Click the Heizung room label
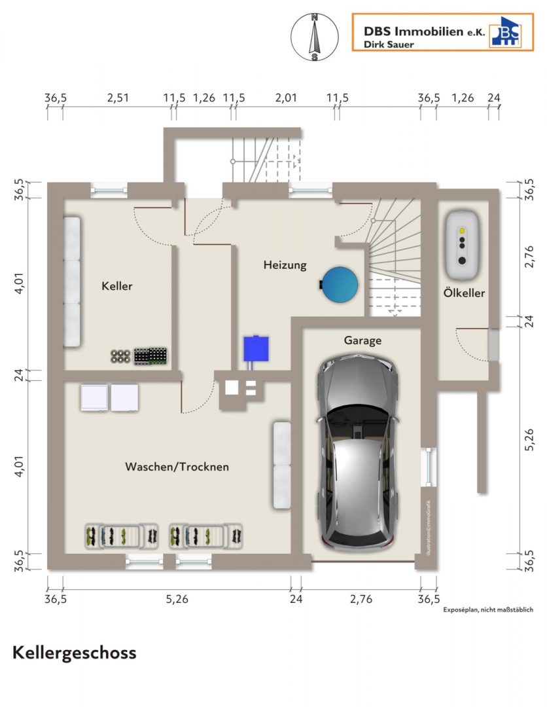(285, 265)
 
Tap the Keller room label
(116, 286)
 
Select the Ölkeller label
(464, 293)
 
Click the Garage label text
(362, 340)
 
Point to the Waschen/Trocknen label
(177, 467)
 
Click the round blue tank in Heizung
(340, 285)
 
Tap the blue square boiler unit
(256, 348)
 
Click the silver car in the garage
(358, 451)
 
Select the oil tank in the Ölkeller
(462, 245)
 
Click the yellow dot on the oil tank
(462, 230)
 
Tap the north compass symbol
(315, 37)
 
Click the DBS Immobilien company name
(425, 31)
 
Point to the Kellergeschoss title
(75, 653)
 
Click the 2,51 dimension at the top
(118, 98)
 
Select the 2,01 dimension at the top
(286, 98)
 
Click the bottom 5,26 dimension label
(177, 599)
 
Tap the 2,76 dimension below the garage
(361, 599)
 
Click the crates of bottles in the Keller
(150, 355)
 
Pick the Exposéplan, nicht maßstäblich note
(488, 609)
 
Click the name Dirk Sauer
(389, 45)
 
